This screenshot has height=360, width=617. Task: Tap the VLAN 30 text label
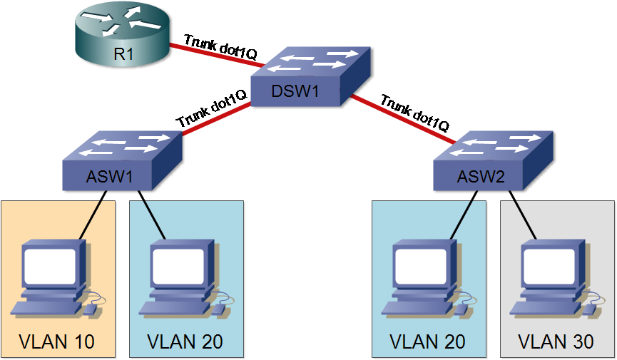[556, 341]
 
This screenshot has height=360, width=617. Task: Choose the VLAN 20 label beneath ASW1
[185, 341]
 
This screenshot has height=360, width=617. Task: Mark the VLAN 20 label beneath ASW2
[428, 341]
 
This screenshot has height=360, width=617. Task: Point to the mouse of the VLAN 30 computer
[589, 309]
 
